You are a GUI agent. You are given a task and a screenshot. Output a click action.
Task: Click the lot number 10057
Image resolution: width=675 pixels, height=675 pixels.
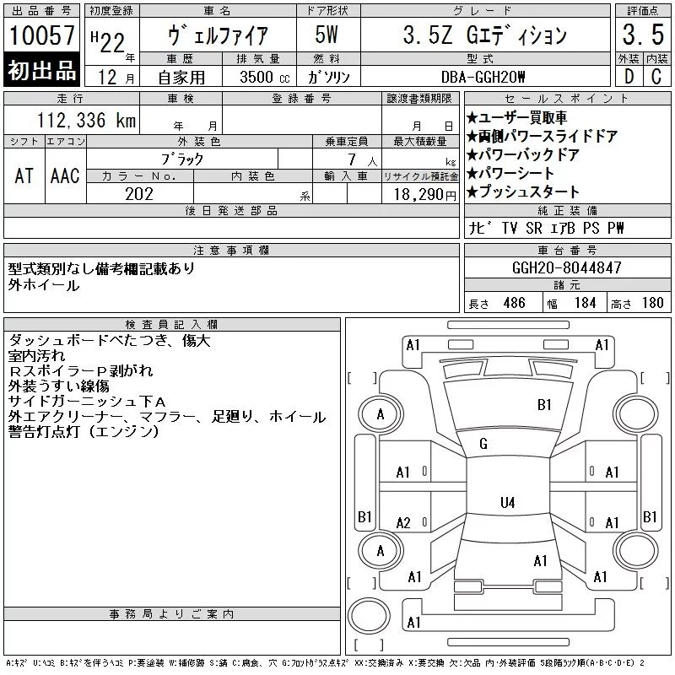pyautogui.click(x=41, y=35)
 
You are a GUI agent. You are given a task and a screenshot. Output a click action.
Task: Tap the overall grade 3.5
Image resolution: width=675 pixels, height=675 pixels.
pyautogui.click(x=643, y=35)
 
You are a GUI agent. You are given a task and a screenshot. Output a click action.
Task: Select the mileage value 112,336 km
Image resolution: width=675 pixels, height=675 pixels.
pyautogui.click(x=86, y=120)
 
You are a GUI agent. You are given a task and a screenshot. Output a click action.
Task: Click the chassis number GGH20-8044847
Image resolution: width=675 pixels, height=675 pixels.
pyautogui.click(x=566, y=267)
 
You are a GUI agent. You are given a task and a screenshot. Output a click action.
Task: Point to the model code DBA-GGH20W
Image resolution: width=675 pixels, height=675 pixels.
pyautogui.click(x=483, y=77)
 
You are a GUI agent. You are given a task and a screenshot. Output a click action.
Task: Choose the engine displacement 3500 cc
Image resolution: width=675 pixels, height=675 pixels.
pyautogui.click(x=265, y=77)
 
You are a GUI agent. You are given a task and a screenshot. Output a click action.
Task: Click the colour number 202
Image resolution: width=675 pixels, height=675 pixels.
pyautogui.click(x=139, y=194)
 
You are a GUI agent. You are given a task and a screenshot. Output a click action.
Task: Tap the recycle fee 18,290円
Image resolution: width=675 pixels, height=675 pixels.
pyautogui.click(x=425, y=195)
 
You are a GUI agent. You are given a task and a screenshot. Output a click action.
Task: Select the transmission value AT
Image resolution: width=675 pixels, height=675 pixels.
pyautogui.click(x=24, y=175)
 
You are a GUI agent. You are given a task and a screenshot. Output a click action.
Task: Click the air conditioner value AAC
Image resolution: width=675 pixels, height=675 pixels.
pyautogui.click(x=65, y=175)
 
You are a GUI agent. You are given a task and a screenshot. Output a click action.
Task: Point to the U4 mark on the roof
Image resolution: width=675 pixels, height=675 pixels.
pyautogui.click(x=508, y=502)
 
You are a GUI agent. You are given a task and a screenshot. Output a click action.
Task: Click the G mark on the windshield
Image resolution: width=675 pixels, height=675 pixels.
pyautogui.click(x=483, y=444)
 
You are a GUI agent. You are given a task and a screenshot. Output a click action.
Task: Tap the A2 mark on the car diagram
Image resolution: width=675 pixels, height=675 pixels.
pyautogui.click(x=403, y=523)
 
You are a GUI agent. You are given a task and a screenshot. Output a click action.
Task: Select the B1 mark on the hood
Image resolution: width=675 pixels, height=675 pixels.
pyautogui.click(x=544, y=405)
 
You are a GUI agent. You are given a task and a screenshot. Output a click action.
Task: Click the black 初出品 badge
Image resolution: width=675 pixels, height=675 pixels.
pyautogui.click(x=41, y=70)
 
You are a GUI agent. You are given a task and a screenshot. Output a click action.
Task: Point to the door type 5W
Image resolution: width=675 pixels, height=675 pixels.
pyautogui.click(x=327, y=35)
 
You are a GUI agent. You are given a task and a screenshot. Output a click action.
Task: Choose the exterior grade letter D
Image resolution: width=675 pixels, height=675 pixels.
pyautogui.click(x=629, y=77)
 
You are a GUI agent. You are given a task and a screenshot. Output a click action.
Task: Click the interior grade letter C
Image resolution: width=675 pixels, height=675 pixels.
pyautogui.click(x=656, y=77)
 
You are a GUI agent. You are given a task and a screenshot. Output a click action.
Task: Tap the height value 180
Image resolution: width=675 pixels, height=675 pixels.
pyautogui.click(x=652, y=303)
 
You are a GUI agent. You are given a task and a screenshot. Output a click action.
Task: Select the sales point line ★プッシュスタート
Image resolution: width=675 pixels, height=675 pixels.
pyautogui.click(x=522, y=192)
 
